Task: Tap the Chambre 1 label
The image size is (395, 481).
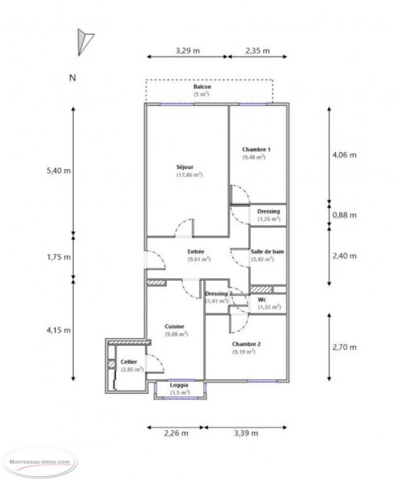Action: (257, 150)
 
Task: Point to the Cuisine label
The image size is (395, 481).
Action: (174, 326)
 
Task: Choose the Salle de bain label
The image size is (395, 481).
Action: (267, 251)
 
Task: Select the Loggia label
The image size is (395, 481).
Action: (180, 385)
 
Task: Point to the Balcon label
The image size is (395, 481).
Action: (201, 88)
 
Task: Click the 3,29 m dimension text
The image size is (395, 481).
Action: (188, 50)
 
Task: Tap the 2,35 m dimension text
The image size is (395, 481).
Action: (257, 50)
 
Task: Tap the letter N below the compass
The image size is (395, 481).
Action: (73, 78)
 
